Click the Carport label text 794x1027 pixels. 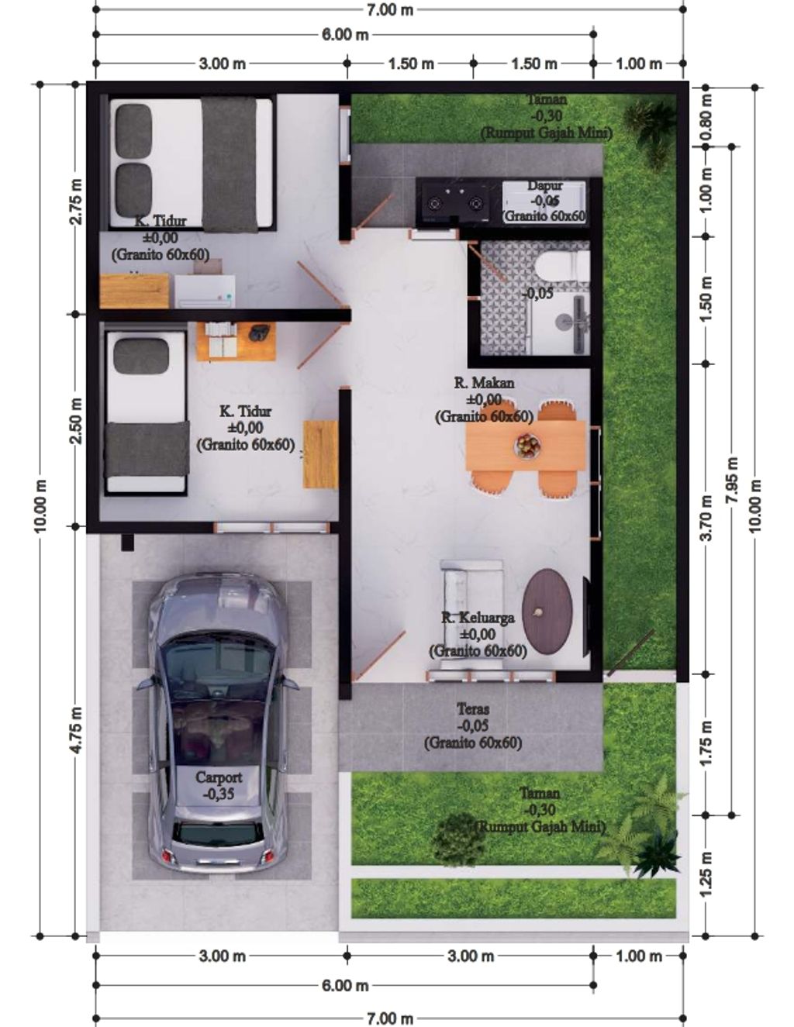pos(219,777)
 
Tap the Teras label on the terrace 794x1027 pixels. pos(472,708)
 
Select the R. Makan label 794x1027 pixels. pos(484,383)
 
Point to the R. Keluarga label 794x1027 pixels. pos(478,618)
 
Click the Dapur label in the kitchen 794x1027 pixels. pos(545,186)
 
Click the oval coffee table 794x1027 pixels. pos(547,609)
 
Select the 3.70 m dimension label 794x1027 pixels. pos(706,518)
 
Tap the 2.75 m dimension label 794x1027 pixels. pos(76,202)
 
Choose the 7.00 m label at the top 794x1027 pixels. pos(389,9)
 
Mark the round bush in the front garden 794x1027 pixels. pos(458,839)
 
